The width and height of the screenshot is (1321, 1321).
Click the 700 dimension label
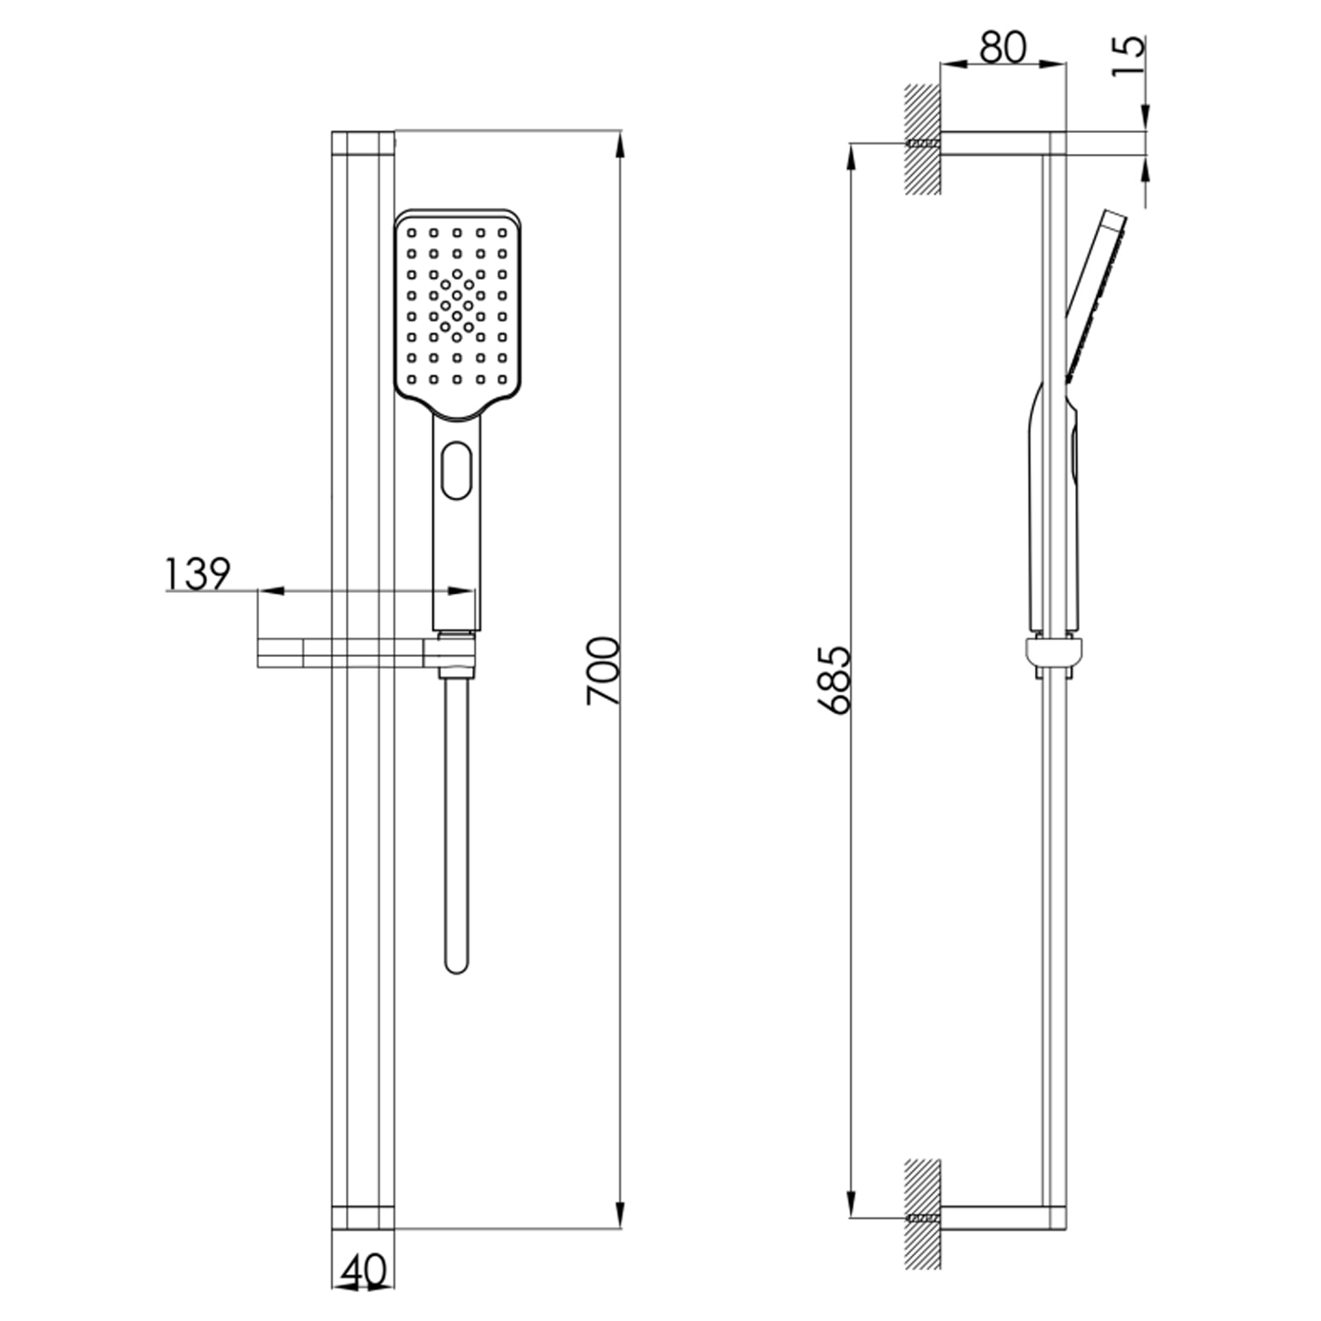(x=604, y=670)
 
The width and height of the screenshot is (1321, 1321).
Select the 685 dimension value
(x=834, y=679)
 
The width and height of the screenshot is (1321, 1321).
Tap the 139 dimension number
(x=197, y=574)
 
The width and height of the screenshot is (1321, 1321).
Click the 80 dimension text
(x=1002, y=47)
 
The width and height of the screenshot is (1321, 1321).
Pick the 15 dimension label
(x=1129, y=55)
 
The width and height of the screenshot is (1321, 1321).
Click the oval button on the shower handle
(x=455, y=471)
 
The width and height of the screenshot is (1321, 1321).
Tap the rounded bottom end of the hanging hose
(x=456, y=964)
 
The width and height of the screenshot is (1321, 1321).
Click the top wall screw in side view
(x=923, y=144)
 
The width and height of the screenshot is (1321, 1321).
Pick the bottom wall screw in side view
(x=923, y=1219)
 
